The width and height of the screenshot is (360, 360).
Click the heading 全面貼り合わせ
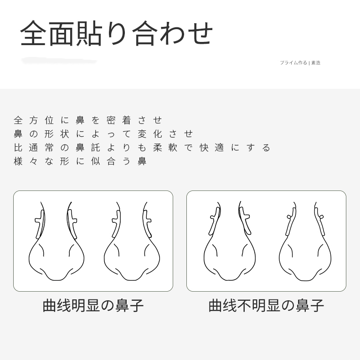tap(116, 33)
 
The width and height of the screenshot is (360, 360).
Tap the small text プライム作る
tap(293, 63)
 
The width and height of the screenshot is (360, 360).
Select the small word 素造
tap(316, 63)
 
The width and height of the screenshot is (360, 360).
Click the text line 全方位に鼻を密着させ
tap(88, 120)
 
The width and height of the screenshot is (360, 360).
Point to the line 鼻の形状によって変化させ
tap(103, 134)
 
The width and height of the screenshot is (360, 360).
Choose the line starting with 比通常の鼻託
tap(142, 148)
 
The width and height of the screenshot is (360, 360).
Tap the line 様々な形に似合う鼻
tap(80, 161)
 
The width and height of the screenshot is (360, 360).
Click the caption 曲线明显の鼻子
tap(93, 306)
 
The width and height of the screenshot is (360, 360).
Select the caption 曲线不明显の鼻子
tap(266, 306)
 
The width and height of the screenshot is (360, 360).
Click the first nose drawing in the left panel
tap(56, 241)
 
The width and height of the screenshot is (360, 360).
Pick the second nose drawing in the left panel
tap(132, 241)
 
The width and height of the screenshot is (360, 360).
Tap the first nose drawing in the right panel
tap(230, 241)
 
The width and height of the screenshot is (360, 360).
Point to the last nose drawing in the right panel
tap(305, 241)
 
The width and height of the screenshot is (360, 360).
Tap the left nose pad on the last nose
tap(291, 221)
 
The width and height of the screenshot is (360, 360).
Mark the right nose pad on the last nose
tap(320, 221)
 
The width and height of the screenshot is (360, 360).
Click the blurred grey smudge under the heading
tap(59, 61)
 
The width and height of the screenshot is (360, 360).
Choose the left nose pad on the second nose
tap(116, 224)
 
